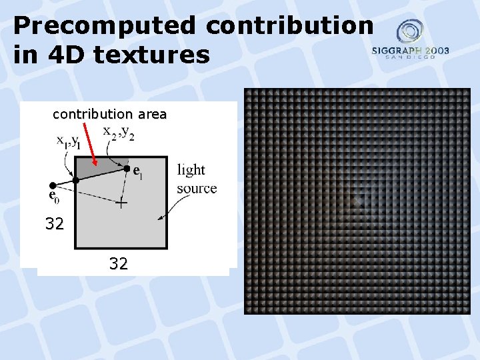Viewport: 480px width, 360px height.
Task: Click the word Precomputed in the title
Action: point(103,25)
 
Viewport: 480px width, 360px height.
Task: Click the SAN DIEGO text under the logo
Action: point(411,57)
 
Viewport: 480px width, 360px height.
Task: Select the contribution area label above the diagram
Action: point(109,114)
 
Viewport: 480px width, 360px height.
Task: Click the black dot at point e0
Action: point(53,185)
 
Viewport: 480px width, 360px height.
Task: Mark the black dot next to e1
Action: point(127,169)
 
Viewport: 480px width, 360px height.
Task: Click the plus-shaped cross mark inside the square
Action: point(121,203)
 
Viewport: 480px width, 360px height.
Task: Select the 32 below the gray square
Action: point(119,264)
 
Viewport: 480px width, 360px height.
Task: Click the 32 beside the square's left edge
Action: point(55,224)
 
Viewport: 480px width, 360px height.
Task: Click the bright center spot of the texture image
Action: point(358,200)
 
